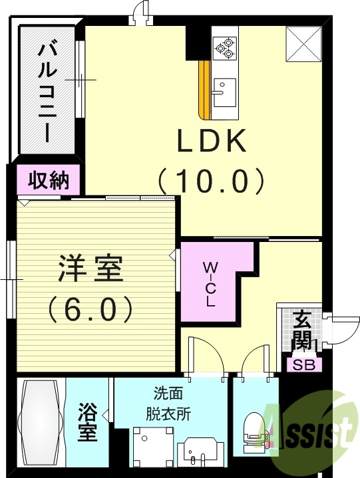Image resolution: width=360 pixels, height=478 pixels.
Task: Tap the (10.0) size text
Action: [212, 179]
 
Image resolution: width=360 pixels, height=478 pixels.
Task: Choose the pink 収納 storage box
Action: [49, 179]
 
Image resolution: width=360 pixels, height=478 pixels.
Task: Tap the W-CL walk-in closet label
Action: [210, 285]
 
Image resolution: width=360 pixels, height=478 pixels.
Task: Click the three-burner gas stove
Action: [224, 46]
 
